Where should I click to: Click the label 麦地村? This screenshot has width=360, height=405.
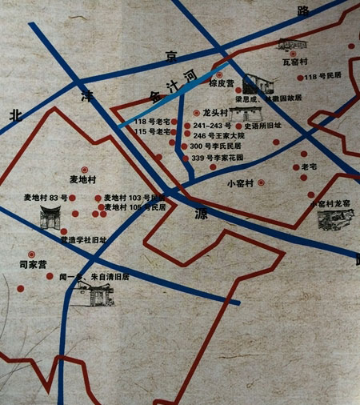[83, 178]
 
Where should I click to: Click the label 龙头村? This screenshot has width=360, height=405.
[216, 114]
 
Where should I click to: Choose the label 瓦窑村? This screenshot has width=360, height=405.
[295, 59]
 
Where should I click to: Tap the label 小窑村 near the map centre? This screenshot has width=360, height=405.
[240, 183]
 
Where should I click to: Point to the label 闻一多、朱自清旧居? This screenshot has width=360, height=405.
[94, 277]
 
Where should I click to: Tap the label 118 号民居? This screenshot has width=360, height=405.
[323, 77]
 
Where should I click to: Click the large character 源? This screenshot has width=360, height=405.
[200, 214]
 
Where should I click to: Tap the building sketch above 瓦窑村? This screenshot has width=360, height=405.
[293, 44]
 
